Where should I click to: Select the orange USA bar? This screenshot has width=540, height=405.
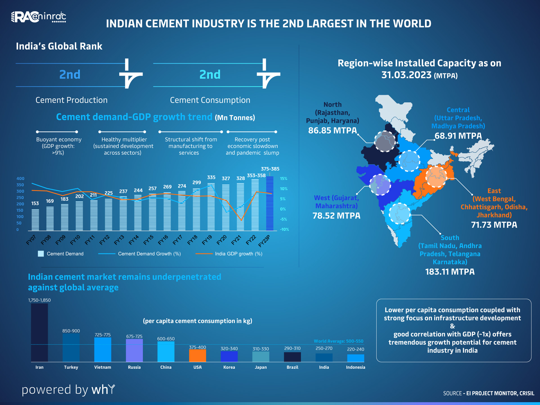click(x=197, y=355)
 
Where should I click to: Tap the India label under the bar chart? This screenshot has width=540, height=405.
click(x=324, y=367)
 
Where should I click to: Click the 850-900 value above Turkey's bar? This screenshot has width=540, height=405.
click(x=71, y=331)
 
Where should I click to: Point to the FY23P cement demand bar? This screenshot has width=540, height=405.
click(x=270, y=204)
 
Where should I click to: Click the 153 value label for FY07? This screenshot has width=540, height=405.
click(x=35, y=203)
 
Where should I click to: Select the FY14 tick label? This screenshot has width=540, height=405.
click(x=134, y=240)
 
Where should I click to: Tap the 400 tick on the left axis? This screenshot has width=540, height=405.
click(x=20, y=179)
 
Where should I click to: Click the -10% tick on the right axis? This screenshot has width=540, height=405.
click(x=284, y=229)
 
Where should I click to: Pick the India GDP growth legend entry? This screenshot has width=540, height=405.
click(x=229, y=254)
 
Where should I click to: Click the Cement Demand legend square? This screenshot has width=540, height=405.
click(x=41, y=254)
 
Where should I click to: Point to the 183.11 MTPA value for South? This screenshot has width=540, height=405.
click(x=450, y=272)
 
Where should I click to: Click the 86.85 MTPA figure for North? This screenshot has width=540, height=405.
click(x=332, y=130)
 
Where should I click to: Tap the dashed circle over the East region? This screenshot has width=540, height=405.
click(x=436, y=177)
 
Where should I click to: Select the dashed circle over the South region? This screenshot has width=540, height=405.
click(x=400, y=213)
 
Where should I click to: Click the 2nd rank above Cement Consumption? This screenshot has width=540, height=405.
click(x=210, y=75)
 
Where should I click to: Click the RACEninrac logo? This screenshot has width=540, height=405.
click(x=39, y=17)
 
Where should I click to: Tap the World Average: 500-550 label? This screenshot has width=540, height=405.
click(x=338, y=341)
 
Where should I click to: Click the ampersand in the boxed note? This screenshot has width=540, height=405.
click(x=452, y=326)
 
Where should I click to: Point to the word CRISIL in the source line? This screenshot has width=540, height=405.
click(x=527, y=393)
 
